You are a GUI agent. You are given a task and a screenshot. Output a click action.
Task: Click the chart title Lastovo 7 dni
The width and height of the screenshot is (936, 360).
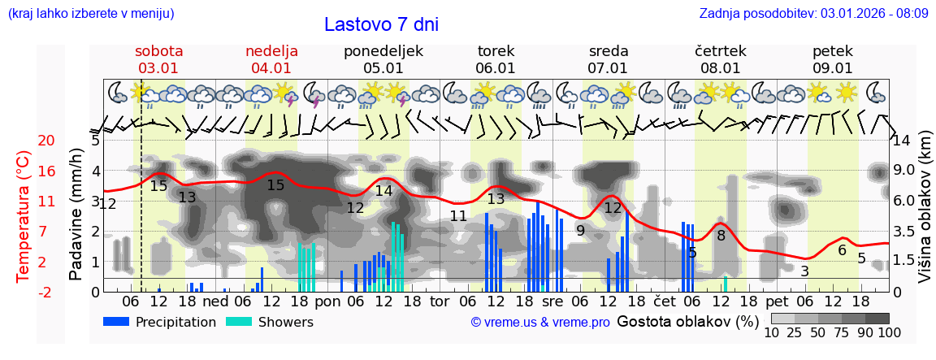pyautogui.click(x=381, y=24)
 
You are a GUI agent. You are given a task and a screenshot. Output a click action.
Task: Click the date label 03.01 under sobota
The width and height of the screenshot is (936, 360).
pyautogui.click(x=158, y=68)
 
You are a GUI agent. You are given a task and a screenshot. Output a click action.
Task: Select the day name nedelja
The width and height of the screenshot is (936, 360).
pyautogui.click(x=271, y=51)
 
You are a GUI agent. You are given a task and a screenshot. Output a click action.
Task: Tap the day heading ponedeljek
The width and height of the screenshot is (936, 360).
pyautogui.click(x=383, y=51)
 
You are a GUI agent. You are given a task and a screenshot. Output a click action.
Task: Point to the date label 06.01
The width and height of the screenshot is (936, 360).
pyautogui.click(x=496, y=68)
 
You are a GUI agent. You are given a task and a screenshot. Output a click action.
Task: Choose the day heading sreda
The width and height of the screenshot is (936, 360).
pyautogui.click(x=608, y=51)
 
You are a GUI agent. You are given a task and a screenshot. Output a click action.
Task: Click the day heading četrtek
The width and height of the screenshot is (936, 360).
pyautogui.click(x=721, y=51)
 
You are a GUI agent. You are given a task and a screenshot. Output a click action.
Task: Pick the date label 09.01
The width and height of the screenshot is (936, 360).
pyautogui.click(x=833, y=68)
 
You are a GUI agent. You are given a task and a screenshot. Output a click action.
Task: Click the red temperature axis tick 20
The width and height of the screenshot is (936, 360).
pyautogui.click(x=24, y=141)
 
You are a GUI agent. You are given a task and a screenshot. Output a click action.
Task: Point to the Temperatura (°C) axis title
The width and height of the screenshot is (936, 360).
pyautogui.click(x=24, y=216)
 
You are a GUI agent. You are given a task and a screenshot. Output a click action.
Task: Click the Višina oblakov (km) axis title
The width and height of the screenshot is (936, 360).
pyautogui.click(x=925, y=216)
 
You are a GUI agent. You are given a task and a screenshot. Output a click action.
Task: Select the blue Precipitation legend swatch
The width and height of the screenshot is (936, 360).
pyautogui.click(x=117, y=322)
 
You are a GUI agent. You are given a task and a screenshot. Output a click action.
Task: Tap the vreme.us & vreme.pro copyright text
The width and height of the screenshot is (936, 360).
pyautogui.click(x=540, y=323)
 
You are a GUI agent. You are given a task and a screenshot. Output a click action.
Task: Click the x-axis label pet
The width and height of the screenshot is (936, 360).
pyautogui.click(x=777, y=301)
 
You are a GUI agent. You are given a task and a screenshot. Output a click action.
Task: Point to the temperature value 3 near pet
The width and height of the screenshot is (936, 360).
pyautogui.click(x=804, y=271)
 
